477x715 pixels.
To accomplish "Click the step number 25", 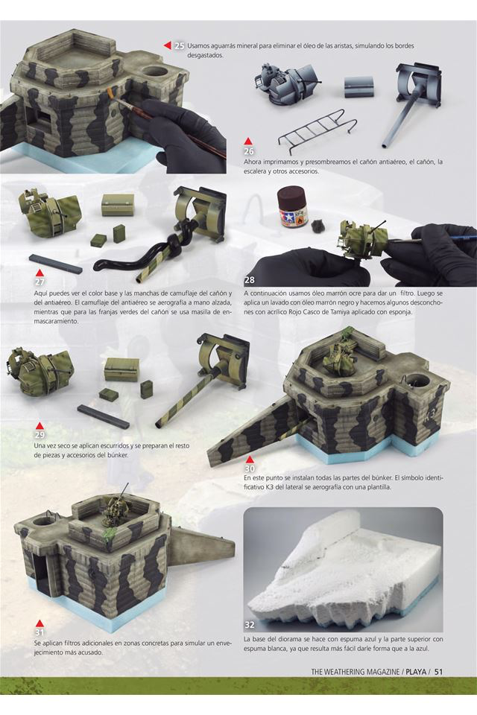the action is (180, 46).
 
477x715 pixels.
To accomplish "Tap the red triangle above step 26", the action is (248, 142).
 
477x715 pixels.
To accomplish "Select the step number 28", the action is (249, 279).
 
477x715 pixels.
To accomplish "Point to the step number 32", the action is (249, 625).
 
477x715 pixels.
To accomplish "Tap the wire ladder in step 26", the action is (318, 130).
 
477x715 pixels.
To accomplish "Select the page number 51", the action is (439, 672).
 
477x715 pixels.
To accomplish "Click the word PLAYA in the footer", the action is (417, 672).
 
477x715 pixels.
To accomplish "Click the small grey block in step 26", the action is (358, 86).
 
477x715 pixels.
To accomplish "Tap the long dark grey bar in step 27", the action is (56, 264).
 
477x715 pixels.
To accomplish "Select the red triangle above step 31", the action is (40, 623).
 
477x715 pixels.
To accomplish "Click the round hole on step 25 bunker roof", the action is (155, 72).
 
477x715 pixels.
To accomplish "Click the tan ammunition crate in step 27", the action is (118, 205).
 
